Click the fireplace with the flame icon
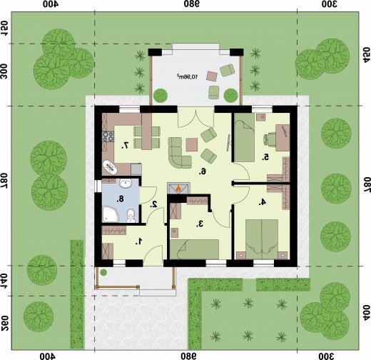coord(178,189)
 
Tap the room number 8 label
coord(121,199)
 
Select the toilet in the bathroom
coord(131,216)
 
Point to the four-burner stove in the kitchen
coord(108,136)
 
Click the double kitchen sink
coord(110,167)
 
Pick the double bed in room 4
coord(262,239)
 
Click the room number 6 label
coord(203,171)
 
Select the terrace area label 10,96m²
coord(187,76)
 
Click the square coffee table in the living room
coord(192,144)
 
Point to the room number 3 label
coord(200,224)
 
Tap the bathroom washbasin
coord(126,184)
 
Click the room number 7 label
coord(125,145)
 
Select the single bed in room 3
coord(195,249)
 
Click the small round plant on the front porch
coord(103,272)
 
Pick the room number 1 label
coord(139,241)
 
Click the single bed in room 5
coord(244,138)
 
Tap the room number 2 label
coord(154,204)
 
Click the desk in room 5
coord(283,138)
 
